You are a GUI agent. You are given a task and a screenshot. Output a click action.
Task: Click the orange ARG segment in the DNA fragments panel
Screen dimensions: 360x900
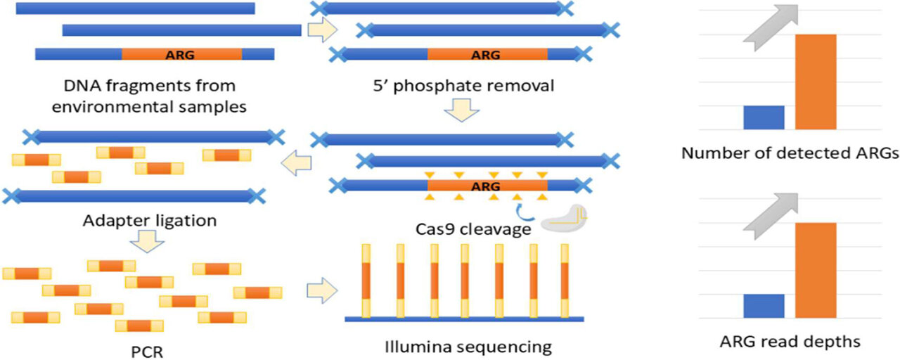click(x=181, y=54)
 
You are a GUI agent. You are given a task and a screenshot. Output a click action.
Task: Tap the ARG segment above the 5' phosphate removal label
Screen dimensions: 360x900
click(x=487, y=54)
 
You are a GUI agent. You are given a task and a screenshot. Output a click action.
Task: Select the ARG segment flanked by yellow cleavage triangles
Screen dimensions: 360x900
click(x=487, y=186)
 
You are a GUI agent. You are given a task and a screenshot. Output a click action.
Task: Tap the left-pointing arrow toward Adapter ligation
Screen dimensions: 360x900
click(x=296, y=166)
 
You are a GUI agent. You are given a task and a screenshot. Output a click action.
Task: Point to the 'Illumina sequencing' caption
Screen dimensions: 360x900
click(x=468, y=347)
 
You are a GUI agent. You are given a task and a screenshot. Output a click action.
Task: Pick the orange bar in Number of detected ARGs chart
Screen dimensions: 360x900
click(x=816, y=82)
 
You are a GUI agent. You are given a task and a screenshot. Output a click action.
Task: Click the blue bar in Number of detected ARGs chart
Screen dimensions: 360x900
click(x=764, y=117)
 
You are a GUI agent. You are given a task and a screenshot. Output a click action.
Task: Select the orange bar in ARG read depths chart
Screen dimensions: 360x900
click(x=816, y=270)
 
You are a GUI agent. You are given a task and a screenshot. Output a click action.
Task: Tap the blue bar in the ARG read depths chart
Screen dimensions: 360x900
click(x=764, y=306)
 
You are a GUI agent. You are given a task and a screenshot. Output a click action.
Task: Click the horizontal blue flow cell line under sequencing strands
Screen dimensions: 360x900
click(x=464, y=319)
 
